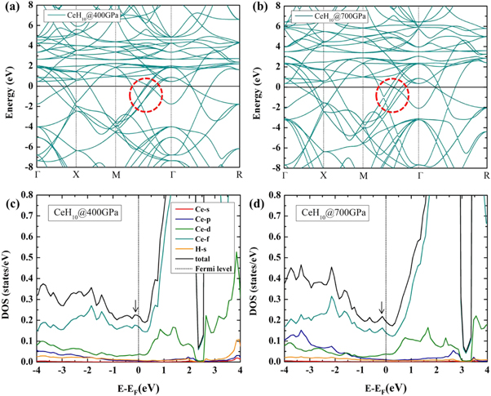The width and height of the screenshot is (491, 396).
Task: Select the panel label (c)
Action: point(11,201)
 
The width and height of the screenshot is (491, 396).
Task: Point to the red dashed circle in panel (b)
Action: point(393,96)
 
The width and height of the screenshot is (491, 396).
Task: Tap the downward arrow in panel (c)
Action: point(135,307)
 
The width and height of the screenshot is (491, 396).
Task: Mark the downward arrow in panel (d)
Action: point(381,307)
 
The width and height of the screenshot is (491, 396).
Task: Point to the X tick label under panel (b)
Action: point(324,176)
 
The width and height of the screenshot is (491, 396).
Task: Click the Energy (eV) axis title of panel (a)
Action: point(9,86)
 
